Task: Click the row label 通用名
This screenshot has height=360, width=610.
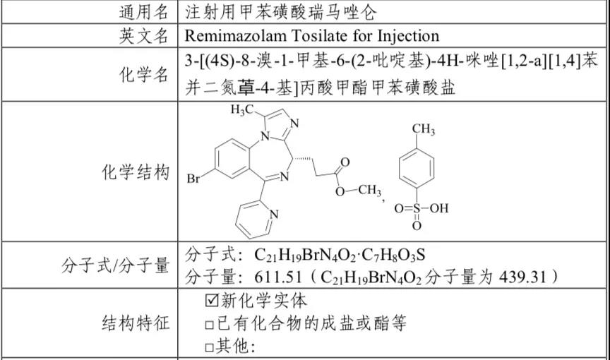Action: [x=143, y=12]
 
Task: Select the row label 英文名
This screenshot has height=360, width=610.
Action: [x=143, y=35]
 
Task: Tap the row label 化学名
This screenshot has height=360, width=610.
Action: [x=143, y=74]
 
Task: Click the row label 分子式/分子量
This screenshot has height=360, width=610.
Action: [x=116, y=265]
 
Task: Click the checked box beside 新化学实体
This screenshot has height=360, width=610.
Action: [x=210, y=301]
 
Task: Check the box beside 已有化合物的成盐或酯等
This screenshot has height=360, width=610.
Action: [x=210, y=325]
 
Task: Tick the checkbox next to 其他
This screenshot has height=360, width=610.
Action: [x=210, y=347]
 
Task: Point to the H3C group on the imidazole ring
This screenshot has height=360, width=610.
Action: [x=242, y=111]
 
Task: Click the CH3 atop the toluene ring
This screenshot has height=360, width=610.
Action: [x=423, y=130]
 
